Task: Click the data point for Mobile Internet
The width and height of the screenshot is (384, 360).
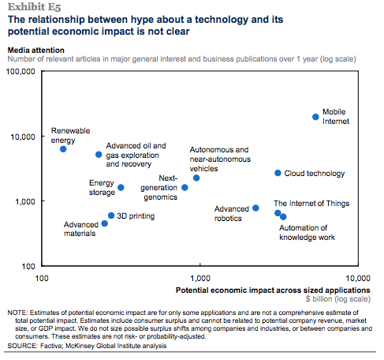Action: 315,117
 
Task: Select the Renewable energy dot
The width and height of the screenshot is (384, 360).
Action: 63,149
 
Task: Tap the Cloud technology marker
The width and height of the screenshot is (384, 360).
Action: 278,173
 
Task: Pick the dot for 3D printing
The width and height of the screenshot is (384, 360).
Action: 111,216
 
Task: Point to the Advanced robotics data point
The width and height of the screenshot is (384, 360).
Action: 255,208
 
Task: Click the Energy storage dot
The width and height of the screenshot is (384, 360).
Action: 121,188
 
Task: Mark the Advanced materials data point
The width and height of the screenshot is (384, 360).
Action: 104,223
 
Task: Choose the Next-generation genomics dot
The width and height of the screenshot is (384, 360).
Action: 185,188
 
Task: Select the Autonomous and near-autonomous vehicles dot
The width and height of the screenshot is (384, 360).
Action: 196,178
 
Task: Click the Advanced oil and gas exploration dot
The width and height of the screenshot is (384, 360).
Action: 99,155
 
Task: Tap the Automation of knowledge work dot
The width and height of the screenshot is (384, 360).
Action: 283,217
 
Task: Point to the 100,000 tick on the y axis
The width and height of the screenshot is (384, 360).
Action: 21,71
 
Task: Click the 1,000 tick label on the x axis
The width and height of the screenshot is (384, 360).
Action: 200,278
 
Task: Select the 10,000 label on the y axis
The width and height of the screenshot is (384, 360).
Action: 23,137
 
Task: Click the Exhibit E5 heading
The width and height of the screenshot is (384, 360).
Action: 35,7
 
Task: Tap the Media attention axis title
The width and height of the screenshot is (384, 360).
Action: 36,51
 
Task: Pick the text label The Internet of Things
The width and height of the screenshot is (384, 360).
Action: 311,204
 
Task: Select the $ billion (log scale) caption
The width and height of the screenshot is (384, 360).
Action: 338,299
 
